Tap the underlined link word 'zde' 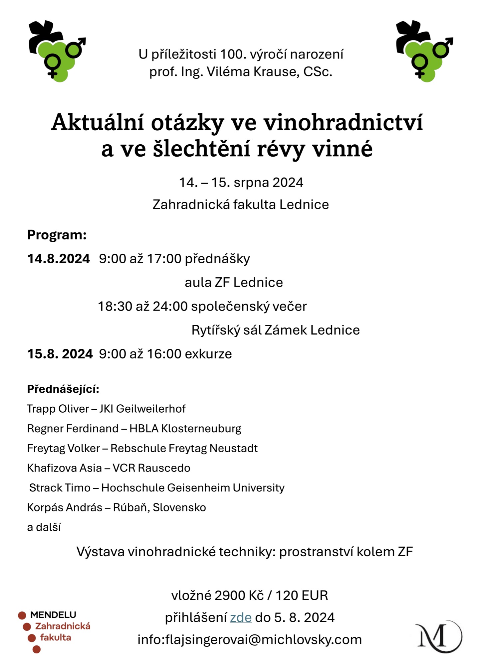point(241,617)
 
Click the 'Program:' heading point(57,235)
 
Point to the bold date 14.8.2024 point(59,259)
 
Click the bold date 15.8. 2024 point(60,354)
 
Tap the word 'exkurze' point(208,354)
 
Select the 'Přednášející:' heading point(63,389)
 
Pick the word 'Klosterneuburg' point(201,428)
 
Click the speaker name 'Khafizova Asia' point(64,468)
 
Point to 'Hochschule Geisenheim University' point(193,487)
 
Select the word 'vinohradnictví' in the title point(343,122)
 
